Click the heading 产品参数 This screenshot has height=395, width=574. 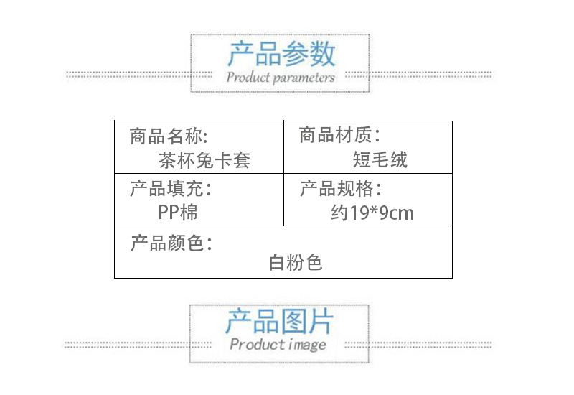(281, 55)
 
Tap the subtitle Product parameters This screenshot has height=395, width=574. (281, 77)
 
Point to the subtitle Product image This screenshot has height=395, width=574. (278, 345)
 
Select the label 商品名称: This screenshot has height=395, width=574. (169, 136)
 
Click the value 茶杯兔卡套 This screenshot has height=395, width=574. (204, 159)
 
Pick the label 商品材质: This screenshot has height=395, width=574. (339, 135)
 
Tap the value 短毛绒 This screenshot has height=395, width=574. (380, 159)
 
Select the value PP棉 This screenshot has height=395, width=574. (178, 213)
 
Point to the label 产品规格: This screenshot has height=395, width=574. (340, 190)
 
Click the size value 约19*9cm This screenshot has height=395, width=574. (372, 213)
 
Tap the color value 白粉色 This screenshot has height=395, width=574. (296, 263)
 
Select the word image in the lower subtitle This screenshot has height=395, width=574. (307, 345)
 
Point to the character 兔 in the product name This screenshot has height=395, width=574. (204, 159)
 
